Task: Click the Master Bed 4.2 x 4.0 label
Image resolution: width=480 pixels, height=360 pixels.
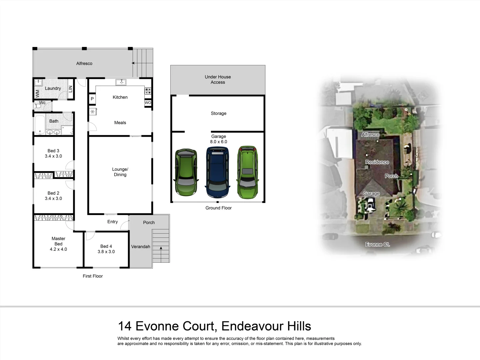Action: (58, 244)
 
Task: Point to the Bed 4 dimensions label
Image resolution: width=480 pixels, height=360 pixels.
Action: (106, 252)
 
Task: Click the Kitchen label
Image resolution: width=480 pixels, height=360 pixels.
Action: (120, 97)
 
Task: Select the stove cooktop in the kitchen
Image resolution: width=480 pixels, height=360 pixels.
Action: (148, 91)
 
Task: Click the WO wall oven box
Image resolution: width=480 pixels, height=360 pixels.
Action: (148, 103)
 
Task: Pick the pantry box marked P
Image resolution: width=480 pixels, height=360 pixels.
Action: (92, 99)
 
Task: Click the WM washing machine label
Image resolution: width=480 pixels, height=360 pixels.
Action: (37, 93)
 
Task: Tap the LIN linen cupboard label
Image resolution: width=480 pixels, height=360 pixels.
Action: (70, 89)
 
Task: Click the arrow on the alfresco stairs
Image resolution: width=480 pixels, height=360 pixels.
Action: (133, 63)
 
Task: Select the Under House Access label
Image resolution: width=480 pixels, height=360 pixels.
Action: (218, 79)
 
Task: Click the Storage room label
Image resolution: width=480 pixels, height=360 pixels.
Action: (218, 113)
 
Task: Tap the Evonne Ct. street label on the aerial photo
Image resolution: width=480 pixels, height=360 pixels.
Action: (377, 244)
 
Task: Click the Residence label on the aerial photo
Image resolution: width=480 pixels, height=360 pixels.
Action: (377, 162)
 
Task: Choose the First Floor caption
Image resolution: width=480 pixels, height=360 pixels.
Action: (93, 276)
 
